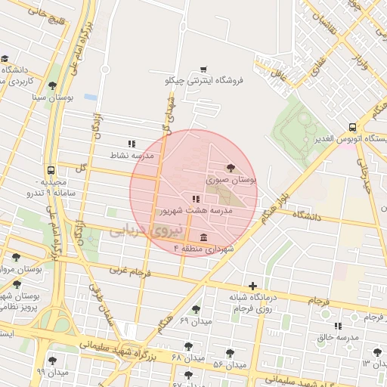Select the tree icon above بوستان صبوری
(x=231, y=168)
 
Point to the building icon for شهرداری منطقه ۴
(x=204, y=237)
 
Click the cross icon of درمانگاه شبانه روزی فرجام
(x=252, y=285)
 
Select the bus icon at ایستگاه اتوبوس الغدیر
(x=352, y=127)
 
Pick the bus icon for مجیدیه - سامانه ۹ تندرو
(x=51, y=171)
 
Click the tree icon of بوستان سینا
(x=51, y=85)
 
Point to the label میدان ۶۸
(x=187, y=357)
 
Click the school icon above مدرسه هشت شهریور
(x=185, y=198)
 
